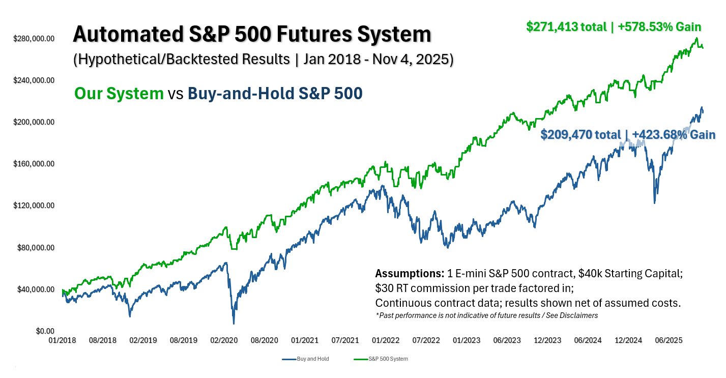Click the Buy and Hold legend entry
click(x=305, y=359)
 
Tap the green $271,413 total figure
click(x=567, y=27)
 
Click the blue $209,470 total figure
click(x=580, y=135)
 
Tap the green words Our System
click(x=119, y=94)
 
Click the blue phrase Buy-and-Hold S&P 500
click(x=275, y=94)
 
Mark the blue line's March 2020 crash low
click(x=234, y=323)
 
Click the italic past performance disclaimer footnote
click(x=486, y=315)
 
